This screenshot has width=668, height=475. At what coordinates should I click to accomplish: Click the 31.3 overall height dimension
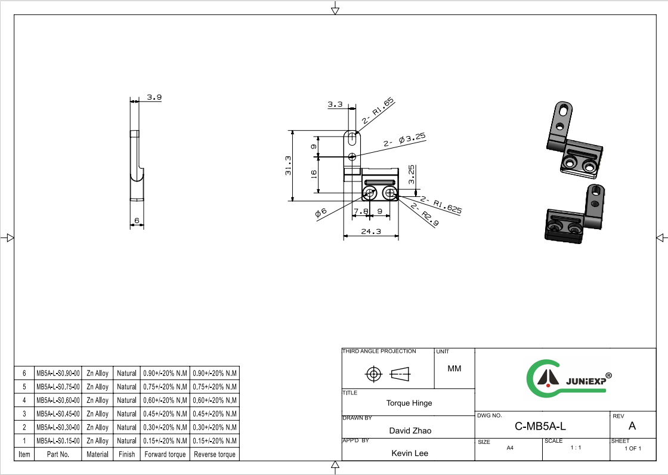[289, 165]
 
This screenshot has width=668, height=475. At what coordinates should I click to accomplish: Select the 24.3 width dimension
[371, 232]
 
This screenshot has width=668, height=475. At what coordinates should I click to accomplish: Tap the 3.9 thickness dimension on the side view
[154, 97]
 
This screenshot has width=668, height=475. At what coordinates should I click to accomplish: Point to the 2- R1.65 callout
[378, 111]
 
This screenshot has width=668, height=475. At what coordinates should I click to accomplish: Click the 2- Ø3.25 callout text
[404, 140]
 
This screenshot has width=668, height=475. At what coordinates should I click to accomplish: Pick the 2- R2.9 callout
[425, 214]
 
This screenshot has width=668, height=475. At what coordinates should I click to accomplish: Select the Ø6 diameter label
[321, 212]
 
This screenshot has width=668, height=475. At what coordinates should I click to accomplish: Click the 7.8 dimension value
[360, 211]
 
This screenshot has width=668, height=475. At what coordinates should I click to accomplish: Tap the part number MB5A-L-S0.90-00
[58, 373]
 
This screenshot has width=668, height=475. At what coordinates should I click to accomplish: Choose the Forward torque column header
[165, 454]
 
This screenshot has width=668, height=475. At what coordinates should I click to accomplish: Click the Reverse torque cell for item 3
[215, 414]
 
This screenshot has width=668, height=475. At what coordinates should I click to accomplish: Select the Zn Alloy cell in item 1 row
[98, 441]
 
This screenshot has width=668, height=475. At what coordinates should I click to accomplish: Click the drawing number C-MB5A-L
[540, 426]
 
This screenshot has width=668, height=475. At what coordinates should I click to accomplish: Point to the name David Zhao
[410, 431]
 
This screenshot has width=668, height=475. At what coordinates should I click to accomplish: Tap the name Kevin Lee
[410, 454]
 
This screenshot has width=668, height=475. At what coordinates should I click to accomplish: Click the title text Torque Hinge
[409, 403]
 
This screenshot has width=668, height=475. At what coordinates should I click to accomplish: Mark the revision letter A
[632, 426]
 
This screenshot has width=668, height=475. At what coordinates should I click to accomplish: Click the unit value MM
[454, 368]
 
